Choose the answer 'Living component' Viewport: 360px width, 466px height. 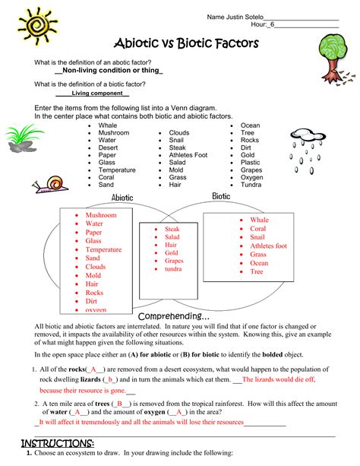93,94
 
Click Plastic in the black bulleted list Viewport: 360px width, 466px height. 251,162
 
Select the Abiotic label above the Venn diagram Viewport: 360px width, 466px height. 122,198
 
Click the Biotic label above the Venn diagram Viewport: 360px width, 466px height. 221,196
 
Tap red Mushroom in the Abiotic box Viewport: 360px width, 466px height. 101,215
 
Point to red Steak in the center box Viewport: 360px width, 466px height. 172,228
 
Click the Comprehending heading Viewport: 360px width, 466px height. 173,316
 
